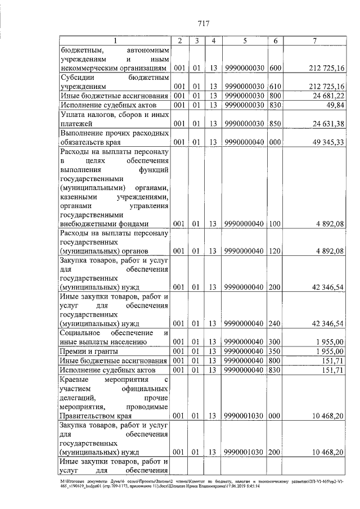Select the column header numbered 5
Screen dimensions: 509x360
(x=245, y=41)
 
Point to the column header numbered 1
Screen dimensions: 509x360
(x=114, y=41)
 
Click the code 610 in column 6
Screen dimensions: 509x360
(x=275, y=87)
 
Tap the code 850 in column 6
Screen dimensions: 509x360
(x=275, y=123)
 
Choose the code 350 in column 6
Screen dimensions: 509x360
(x=275, y=351)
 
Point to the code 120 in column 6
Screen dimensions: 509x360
(x=275, y=250)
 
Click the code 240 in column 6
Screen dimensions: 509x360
(x=275, y=323)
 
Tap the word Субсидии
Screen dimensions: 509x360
(x=78, y=78)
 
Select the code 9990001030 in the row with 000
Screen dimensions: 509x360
(x=245, y=416)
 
